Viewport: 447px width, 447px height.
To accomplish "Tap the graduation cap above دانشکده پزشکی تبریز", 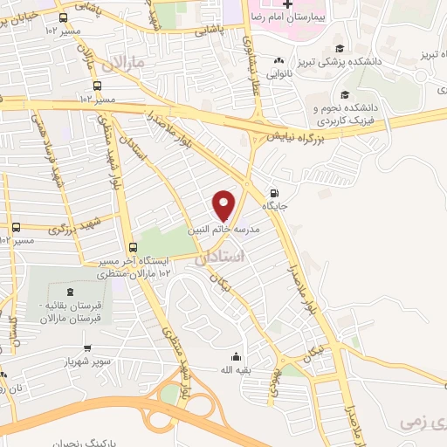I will click(340, 49).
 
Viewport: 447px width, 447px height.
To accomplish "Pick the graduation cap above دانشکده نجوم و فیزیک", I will click(346, 94).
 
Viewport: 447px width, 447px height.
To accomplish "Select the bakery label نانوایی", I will click(279, 74).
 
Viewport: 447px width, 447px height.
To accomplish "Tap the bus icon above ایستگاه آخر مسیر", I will click(132, 247).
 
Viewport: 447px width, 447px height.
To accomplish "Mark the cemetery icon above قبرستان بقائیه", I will click(69, 292).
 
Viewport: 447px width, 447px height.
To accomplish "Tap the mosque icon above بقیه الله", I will click(235, 356).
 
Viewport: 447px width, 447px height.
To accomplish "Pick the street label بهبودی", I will click(273, 382).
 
